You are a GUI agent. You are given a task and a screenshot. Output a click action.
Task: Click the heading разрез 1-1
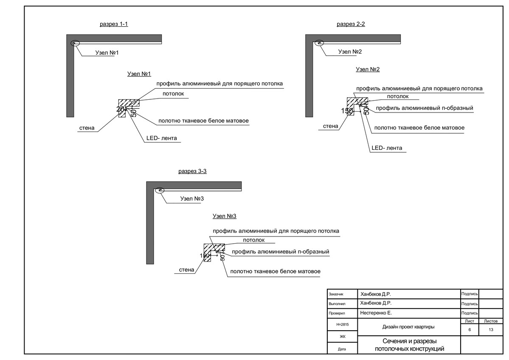point(114,24)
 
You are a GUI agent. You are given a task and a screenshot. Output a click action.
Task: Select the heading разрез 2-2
point(351,24)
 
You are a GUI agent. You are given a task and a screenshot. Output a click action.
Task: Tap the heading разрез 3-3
point(192,171)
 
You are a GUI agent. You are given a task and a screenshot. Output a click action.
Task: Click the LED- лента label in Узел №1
point(162,138)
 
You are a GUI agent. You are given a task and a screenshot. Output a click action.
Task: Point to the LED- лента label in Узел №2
point(387,148)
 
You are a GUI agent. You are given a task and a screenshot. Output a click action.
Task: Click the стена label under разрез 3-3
point(187,270)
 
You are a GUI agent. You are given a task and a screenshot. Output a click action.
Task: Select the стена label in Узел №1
point(87,128)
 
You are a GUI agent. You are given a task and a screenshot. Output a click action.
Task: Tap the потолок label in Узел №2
point(398,96)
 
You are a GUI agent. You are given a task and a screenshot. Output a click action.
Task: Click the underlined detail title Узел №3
point(224,216)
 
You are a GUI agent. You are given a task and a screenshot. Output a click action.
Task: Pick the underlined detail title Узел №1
point(139,74)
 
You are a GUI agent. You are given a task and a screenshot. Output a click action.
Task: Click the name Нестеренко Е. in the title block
point(376,313)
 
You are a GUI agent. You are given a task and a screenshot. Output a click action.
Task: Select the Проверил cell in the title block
point(337,313)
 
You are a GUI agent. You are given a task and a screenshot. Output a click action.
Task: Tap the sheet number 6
point(470,329)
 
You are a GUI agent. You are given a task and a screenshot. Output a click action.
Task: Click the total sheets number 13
point(491,329)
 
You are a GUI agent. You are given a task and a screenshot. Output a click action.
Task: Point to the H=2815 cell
point(342,324)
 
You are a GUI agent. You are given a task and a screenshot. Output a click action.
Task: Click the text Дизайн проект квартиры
point(408,327)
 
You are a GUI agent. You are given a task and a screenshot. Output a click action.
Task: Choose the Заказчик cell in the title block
point(336,294)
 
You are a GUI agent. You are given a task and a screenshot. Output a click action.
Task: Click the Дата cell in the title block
point(342,349)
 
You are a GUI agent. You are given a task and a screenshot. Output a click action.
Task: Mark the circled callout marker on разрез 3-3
point(160,190)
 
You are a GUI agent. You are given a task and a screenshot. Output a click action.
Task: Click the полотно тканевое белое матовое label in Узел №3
point(275,271)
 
